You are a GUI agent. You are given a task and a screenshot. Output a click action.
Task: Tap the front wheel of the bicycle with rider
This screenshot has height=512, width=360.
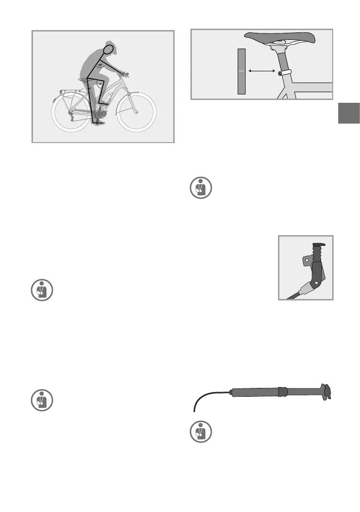click(x=137, y=112)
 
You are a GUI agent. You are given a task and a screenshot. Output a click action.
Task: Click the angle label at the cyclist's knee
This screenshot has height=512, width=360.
click(x=100, y=84)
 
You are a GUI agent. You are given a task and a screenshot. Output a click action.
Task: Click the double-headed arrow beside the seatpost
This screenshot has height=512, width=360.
click(x=261, y=71)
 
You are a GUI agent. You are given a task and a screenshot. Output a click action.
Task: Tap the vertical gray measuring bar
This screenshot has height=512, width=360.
click(x=241, y=71)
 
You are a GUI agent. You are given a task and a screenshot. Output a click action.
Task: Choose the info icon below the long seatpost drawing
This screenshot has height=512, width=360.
click(x=201, y=432)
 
